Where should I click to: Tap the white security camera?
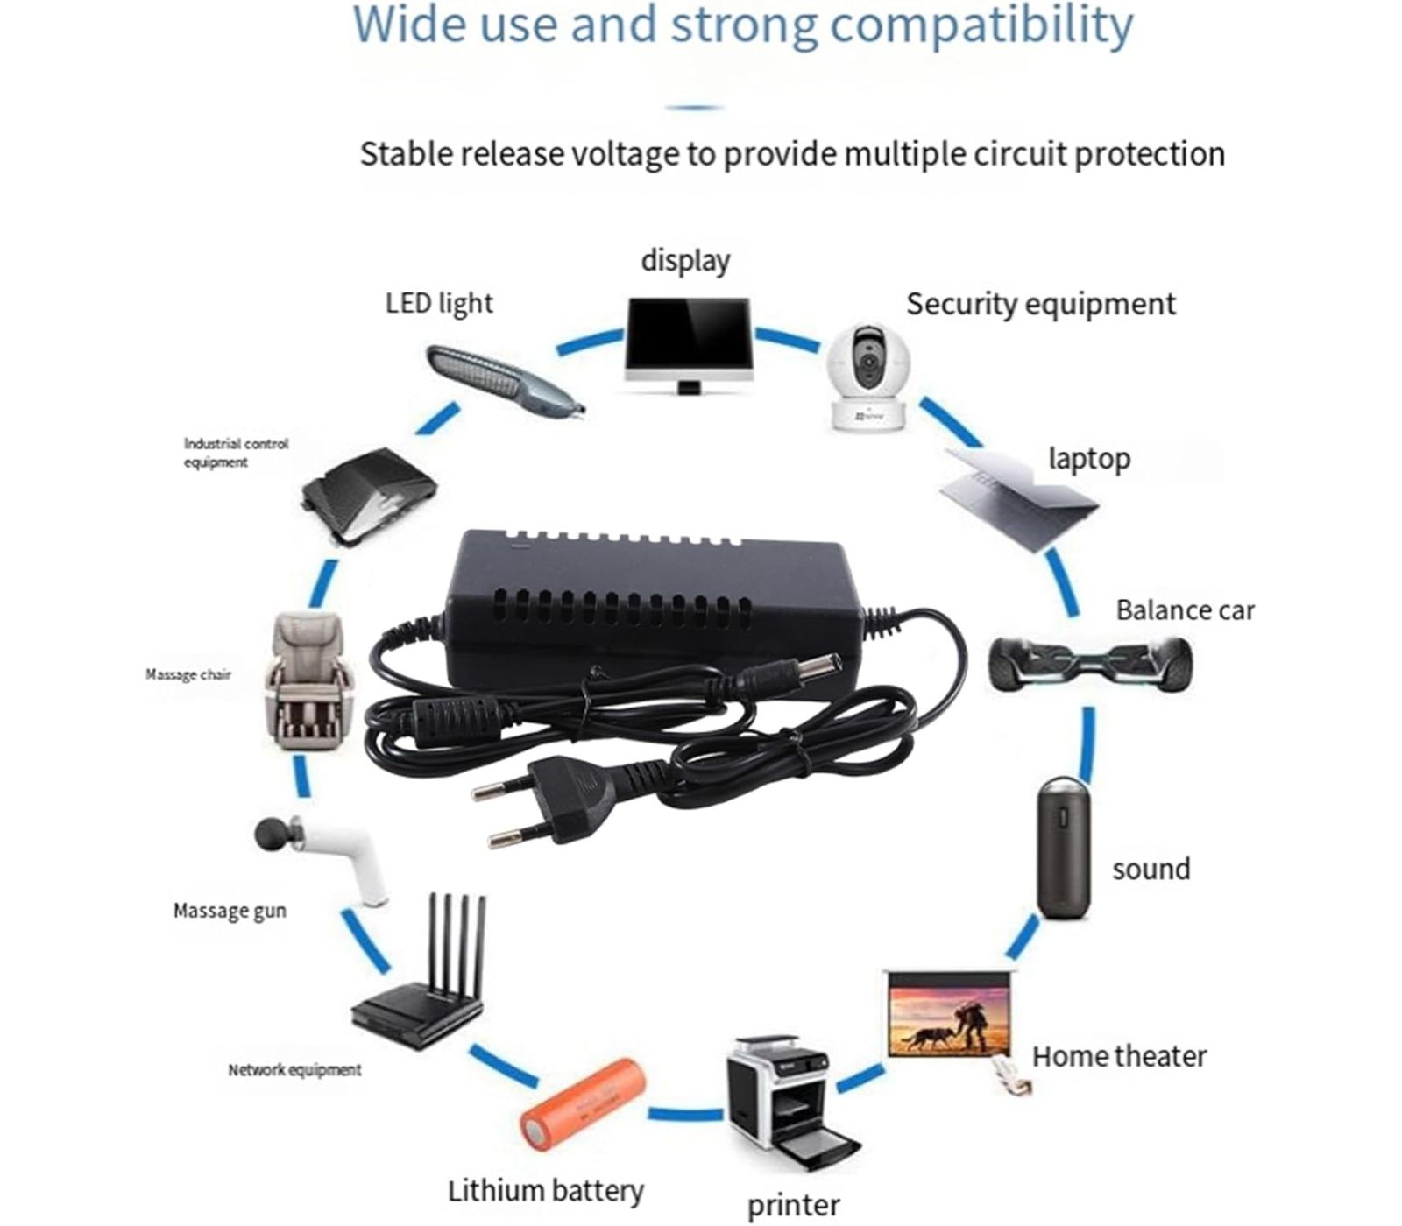coord(870,377)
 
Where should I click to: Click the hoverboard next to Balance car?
coord(1090,662)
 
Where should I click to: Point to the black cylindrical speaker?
coord(1064,847)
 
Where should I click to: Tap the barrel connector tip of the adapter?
coord(788,675)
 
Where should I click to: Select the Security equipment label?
coord(1040,304)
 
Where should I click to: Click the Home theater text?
coord(1118,1056)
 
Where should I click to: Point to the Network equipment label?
coord(294,1069)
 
